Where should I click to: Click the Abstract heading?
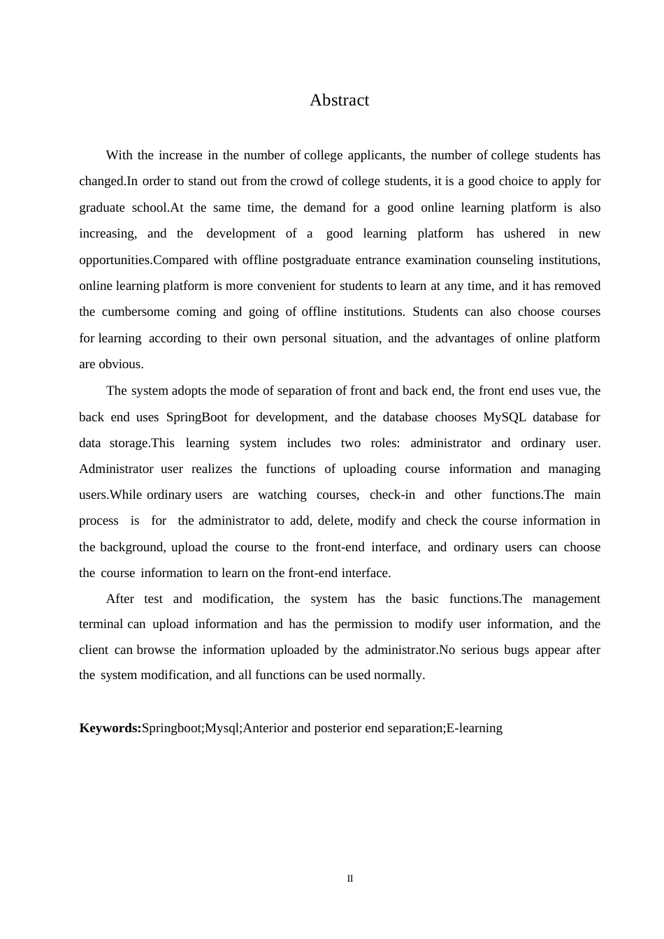339,100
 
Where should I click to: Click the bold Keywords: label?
110,728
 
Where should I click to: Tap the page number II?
350,879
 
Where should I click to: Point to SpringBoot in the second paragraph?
196,417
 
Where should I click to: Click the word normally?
398,675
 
